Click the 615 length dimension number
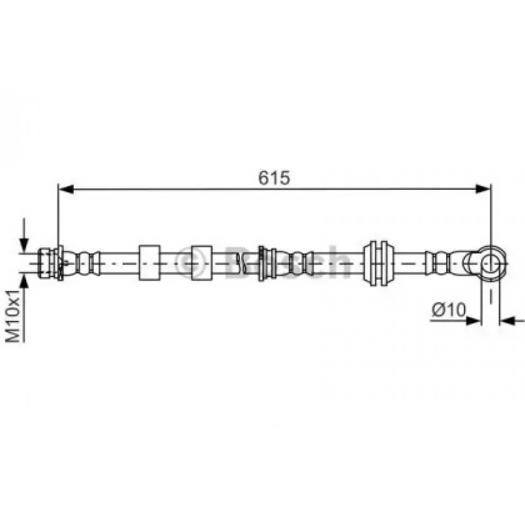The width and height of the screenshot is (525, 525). pos(274,178)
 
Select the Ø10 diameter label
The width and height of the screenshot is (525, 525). pos(449,309)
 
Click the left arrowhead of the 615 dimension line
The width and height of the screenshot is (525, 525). pos(66,189)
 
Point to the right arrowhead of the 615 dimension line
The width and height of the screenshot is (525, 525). pos(483,189)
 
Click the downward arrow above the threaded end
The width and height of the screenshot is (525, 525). pos(24,234)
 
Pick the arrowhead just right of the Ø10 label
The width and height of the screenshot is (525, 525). pos(473,320)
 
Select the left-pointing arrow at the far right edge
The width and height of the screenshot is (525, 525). pos(512,320)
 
